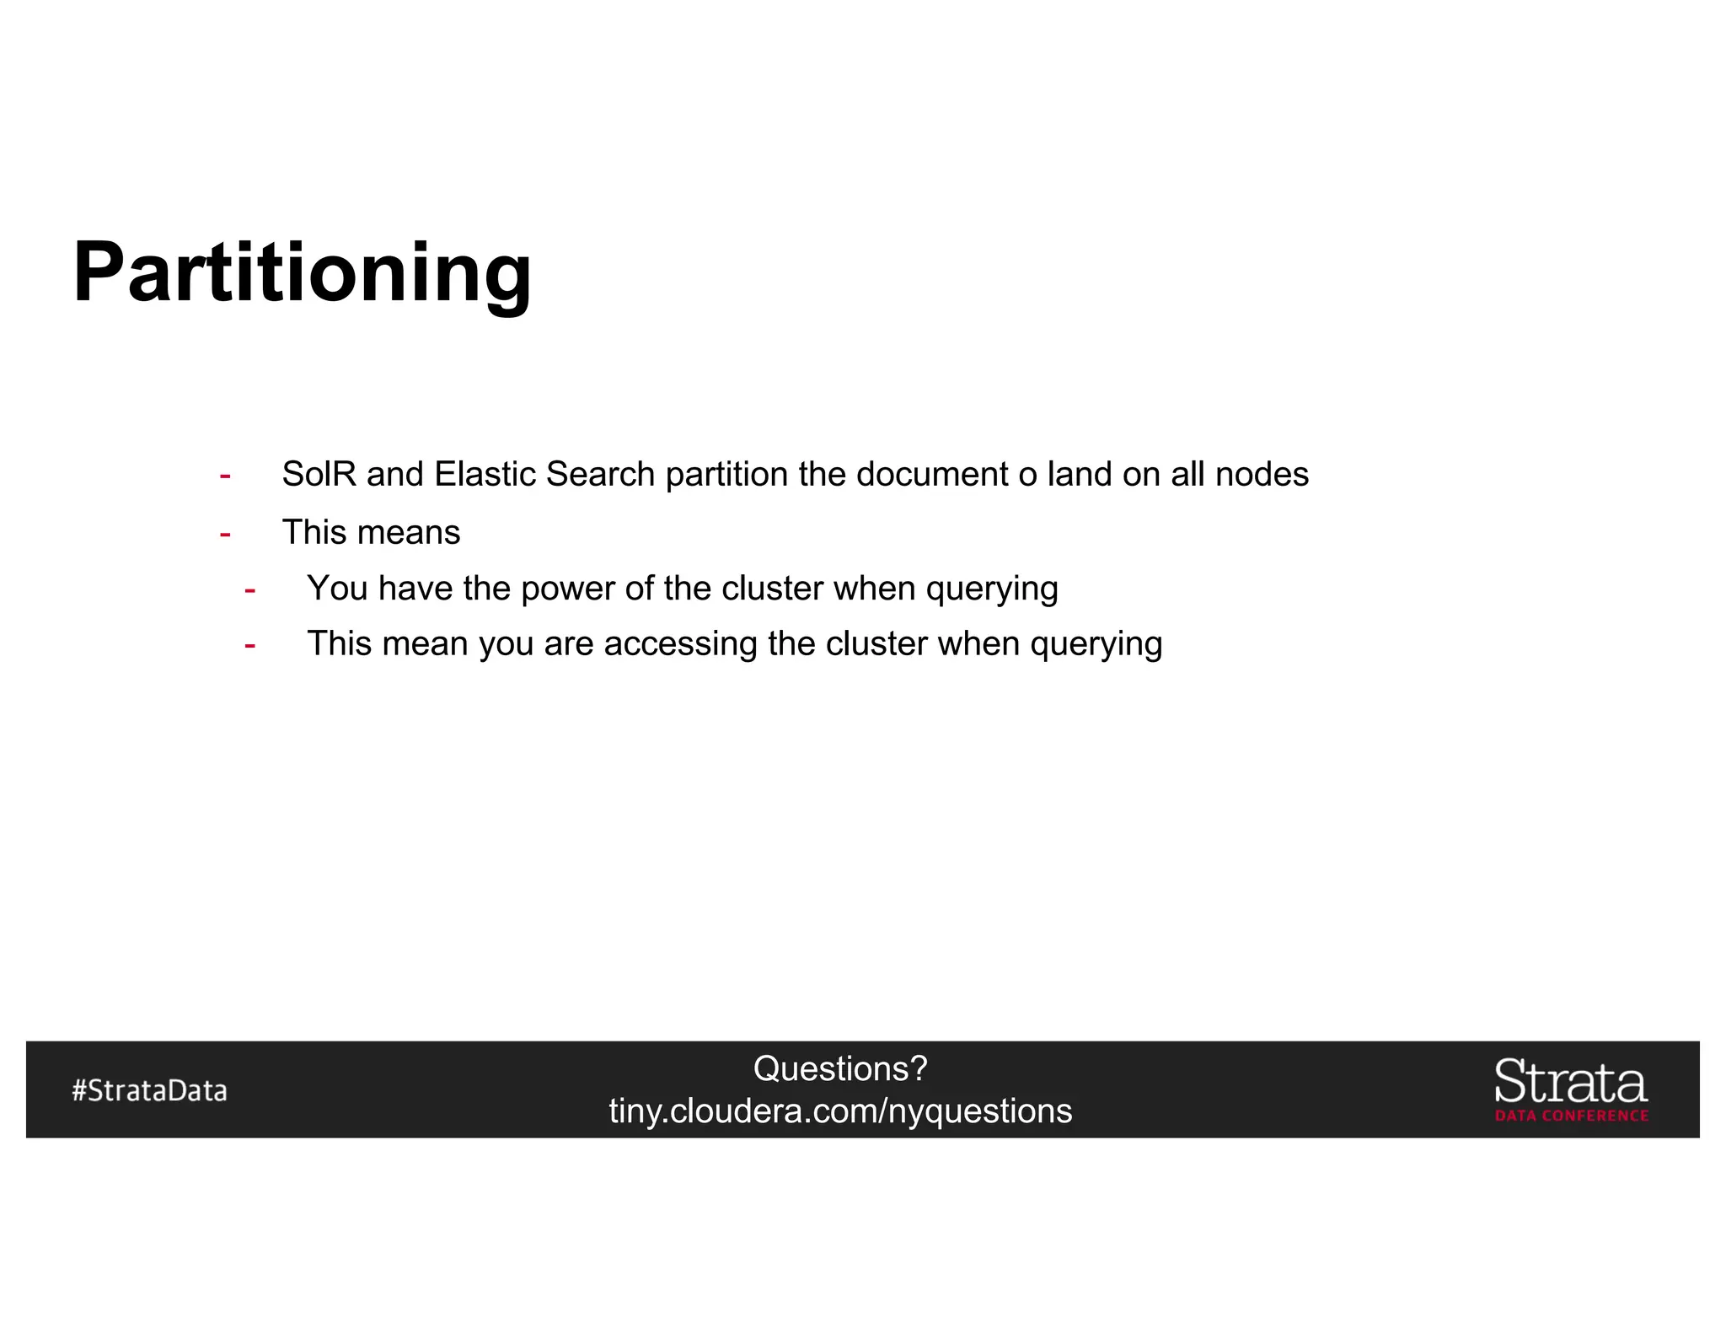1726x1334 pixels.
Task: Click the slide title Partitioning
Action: tap(302, 272)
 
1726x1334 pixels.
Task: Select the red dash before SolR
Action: tap(225, 476)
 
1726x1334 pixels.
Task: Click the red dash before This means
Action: tap(225, 534)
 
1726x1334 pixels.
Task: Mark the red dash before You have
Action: tap(250, 589)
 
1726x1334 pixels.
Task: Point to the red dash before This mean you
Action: tap(250, 645)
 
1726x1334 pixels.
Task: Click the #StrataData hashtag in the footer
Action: tap(150, 1090)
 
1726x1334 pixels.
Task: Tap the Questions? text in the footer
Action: tap(840, 1068)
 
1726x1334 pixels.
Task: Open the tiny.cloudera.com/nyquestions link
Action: tap(840, 1111)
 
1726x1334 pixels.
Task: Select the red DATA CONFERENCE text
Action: tap(1571, 1116)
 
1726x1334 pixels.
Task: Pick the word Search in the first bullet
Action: tap(600, 474)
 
